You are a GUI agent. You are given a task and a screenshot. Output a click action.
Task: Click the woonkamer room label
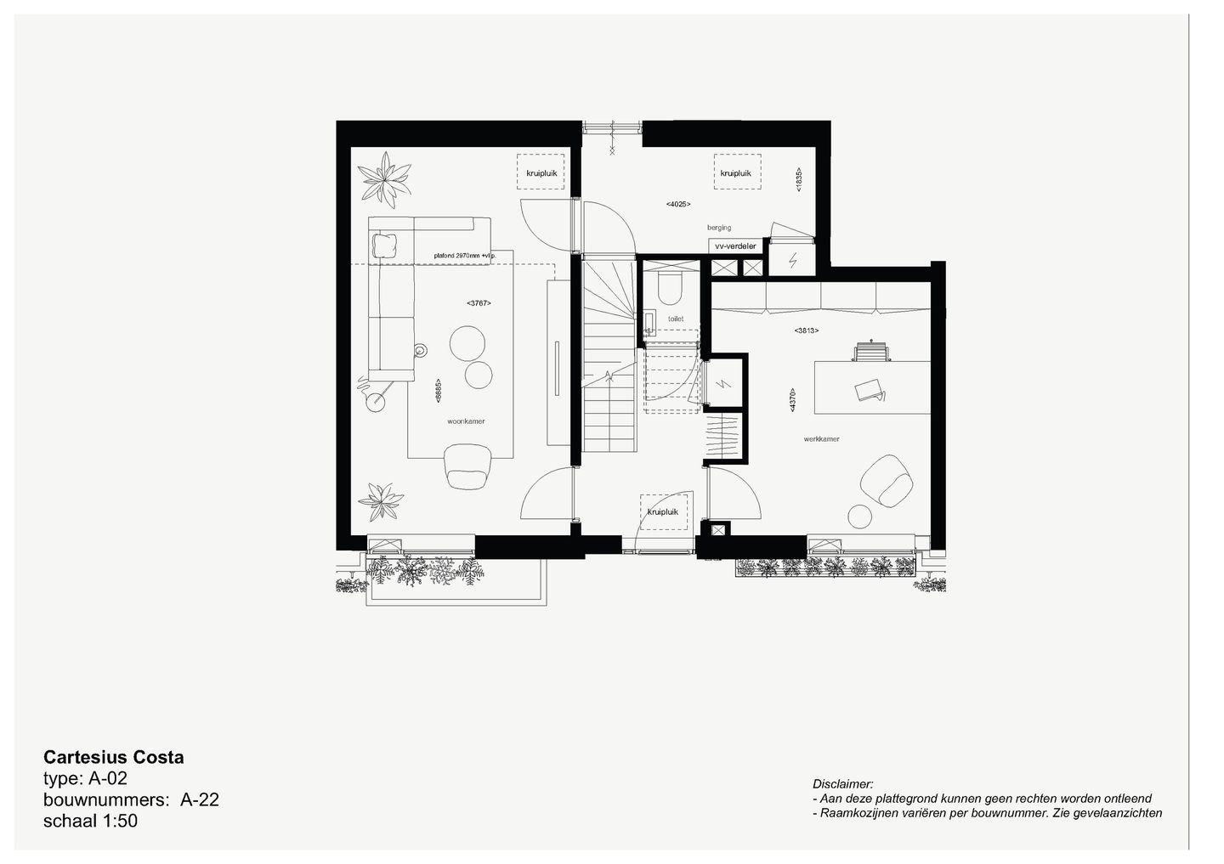pos(466,421)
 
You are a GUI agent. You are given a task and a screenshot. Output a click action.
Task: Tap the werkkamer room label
pos(821,439)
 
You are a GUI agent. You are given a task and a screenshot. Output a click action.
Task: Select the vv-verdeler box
pos(735,246)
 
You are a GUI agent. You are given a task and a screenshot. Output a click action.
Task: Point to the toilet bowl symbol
pos(669,288)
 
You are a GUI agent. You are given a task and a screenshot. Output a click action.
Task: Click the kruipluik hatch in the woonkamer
pos(541,172)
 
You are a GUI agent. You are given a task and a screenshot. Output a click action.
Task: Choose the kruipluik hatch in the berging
pos(736,173)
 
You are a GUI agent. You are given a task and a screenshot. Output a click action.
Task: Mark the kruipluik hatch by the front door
pos(663,511)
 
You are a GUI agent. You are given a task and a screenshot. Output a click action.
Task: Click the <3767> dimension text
pos(479,303)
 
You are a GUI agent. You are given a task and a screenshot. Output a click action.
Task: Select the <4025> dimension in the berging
pos(677,204)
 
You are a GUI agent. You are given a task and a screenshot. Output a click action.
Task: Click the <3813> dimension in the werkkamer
pos(807,330)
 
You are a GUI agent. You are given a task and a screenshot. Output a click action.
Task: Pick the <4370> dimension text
pos(792,400)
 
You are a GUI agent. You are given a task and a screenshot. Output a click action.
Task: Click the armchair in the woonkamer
pos(467,468)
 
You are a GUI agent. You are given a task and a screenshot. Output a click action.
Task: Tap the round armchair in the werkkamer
pos(887,480)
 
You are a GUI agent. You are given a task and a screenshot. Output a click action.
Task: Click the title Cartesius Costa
pos(113,757)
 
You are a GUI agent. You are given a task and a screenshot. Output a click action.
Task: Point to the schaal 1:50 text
pos(90,822)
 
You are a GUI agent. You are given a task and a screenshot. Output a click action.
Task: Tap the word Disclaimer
pos(842,784)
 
